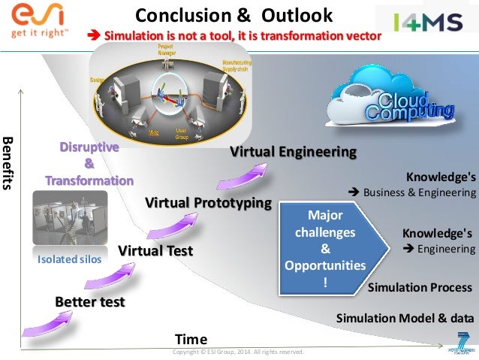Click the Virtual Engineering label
(x=292, y=151)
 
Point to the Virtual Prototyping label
(x=208, y=202)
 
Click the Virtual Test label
(x=155, y=250)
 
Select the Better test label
(x=89, y=301)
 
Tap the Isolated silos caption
(x=68, y=259)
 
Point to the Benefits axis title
(x=9, y=162)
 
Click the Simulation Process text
(x=420, y=287)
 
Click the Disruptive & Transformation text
(x=89, y=164)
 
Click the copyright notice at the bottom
(x=238, y=352)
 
